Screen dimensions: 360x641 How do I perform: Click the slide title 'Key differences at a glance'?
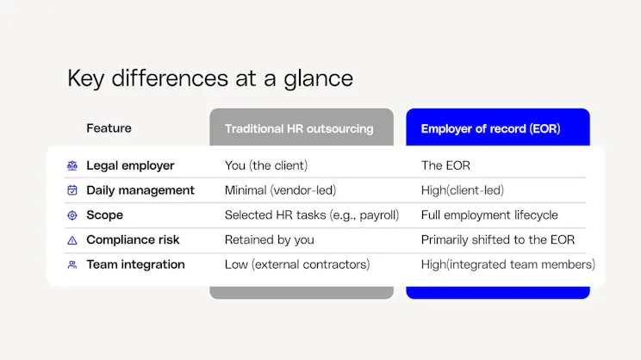(210, 78)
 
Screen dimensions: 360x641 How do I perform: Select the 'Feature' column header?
(109, 128)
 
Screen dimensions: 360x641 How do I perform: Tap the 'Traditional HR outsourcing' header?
(299, 129)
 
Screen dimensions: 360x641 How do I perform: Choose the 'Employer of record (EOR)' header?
(490, 129)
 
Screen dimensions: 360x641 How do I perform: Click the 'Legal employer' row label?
(130, 165)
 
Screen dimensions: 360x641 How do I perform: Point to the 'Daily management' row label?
(140, 190)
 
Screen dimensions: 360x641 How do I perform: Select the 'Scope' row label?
(104, 215)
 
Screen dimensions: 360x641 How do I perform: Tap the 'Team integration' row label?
(135, 265)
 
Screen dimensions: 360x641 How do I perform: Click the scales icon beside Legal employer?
(72, 165)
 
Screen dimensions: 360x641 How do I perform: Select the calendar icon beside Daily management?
(72, 190)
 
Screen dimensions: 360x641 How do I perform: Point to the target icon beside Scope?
(72, 215)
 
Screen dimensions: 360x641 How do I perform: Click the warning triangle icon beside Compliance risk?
(72, 240)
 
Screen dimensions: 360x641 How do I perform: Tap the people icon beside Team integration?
(72, 265)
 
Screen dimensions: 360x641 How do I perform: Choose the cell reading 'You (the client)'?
(266, 165)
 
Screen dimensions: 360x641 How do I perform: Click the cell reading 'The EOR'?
(445, 165)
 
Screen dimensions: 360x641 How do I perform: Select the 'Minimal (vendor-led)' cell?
(279, 190)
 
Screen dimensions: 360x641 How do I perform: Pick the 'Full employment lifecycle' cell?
(489, 215)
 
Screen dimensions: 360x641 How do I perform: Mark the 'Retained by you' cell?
(269, 240)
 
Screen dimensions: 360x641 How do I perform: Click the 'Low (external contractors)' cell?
(296, 265)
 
